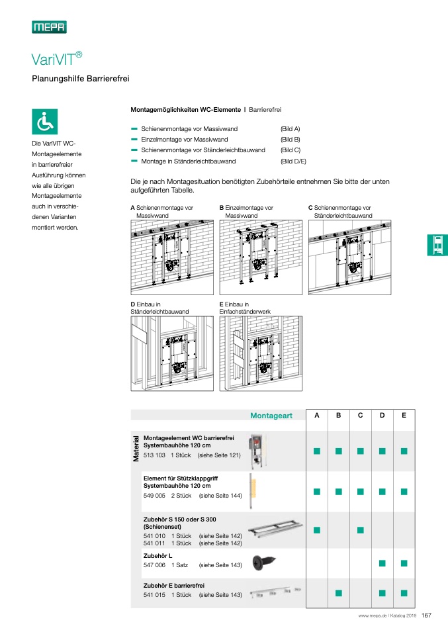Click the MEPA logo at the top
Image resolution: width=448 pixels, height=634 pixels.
tap(50, 27)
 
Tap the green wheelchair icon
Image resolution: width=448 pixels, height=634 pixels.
tap(45, 122)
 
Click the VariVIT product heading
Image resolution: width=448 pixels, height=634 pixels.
tap(57, 59)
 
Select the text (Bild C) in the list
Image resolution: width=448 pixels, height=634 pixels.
tap(291, 150)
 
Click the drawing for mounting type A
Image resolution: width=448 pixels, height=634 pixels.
tap(172, 257)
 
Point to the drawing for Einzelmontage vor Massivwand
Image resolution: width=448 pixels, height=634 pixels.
tap(261, 257)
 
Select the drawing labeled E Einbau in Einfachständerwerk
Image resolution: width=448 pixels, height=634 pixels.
tap(261, 353)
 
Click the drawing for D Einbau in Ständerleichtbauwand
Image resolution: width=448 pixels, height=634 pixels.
tap(172, 353)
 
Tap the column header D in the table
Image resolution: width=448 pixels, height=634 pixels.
tap(382, 415)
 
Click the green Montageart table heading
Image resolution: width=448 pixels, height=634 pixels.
tap(271, 416)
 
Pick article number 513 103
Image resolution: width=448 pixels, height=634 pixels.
tap(154, 455)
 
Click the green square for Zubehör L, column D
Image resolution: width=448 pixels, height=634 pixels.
tap(382, 563)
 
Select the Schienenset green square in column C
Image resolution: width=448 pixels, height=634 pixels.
tap(360, 530)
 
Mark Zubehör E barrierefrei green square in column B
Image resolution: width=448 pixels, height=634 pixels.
tap(338, 593)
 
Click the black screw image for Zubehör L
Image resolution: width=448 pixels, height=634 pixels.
tap(263, 562)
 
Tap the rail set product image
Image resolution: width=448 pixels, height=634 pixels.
tap(275, 530)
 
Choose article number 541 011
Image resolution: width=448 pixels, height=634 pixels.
tap(154, 543)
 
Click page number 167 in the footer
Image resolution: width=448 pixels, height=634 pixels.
tap(427, 615)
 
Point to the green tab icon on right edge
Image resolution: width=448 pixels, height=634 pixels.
tap(437, 245)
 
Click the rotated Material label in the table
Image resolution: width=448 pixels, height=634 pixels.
tap(136, 449)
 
